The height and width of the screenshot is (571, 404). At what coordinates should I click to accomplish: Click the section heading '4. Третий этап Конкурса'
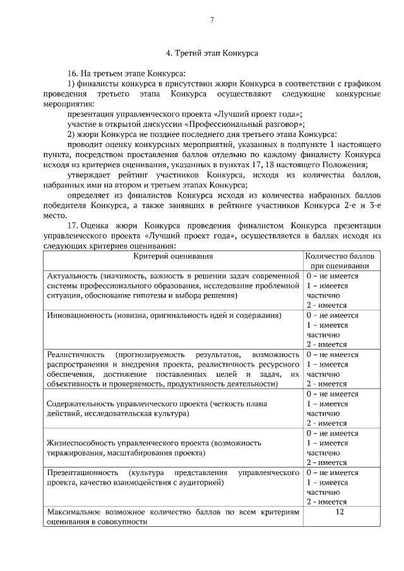[x=211, y=54]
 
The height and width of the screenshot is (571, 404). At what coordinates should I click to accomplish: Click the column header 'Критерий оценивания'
[x=172, y=256]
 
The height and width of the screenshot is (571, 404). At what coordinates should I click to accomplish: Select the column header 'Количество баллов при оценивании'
[x=340, y=261]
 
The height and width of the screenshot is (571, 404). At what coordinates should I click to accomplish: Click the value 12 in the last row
[x=340, y=512]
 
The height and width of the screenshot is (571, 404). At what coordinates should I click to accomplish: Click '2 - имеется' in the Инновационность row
[x=327, y=344]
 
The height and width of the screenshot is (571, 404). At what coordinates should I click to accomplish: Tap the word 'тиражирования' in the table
[x=75, y=453]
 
